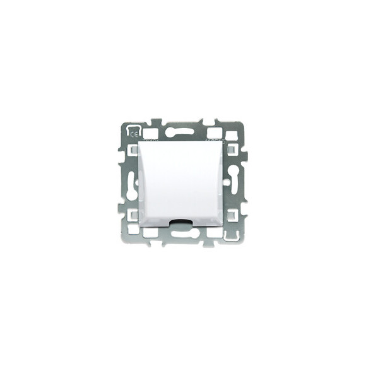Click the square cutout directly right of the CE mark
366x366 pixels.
[x=150, y=133]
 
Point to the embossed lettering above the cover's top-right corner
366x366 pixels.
[x=213, y=139]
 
